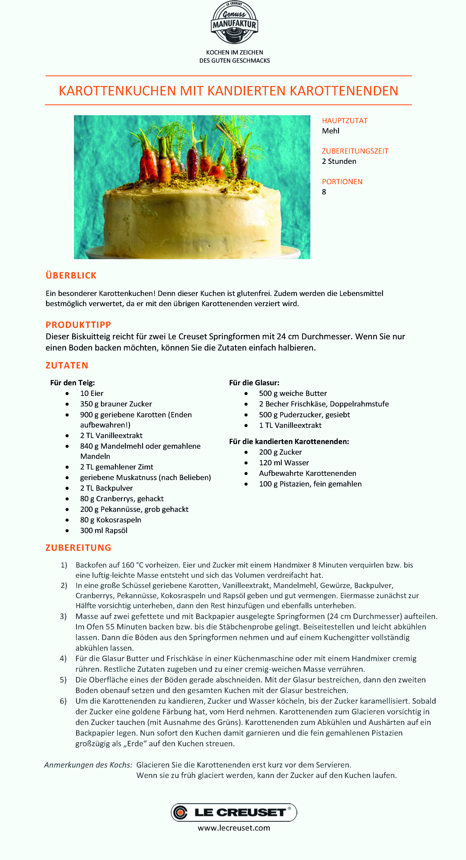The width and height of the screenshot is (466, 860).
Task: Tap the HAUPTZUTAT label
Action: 344,120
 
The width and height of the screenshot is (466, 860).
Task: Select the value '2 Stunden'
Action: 339,161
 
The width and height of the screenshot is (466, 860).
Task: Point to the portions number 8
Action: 324,192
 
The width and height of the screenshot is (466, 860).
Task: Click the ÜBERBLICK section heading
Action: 71,276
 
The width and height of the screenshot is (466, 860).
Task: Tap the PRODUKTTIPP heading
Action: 78,325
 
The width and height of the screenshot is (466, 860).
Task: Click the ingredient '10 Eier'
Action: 92,393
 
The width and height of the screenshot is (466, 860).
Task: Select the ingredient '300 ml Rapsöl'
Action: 104,530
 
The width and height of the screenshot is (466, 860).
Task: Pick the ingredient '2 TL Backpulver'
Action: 106,488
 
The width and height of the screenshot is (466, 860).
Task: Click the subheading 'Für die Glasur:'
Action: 254,383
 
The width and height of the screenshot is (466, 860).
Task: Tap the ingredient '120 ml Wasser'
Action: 284,463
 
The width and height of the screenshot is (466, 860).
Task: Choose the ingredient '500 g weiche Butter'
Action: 293,393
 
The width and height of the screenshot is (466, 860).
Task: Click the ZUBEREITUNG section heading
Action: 78,548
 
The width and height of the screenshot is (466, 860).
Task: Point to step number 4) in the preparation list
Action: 63,658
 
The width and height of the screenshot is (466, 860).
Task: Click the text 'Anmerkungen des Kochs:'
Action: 88,765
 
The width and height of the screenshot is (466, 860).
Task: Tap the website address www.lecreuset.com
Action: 234,828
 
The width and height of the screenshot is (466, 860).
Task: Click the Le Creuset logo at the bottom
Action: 234,812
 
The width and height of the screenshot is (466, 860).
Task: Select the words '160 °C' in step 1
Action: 133,565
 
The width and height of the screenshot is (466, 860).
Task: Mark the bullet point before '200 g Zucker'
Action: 246,452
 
